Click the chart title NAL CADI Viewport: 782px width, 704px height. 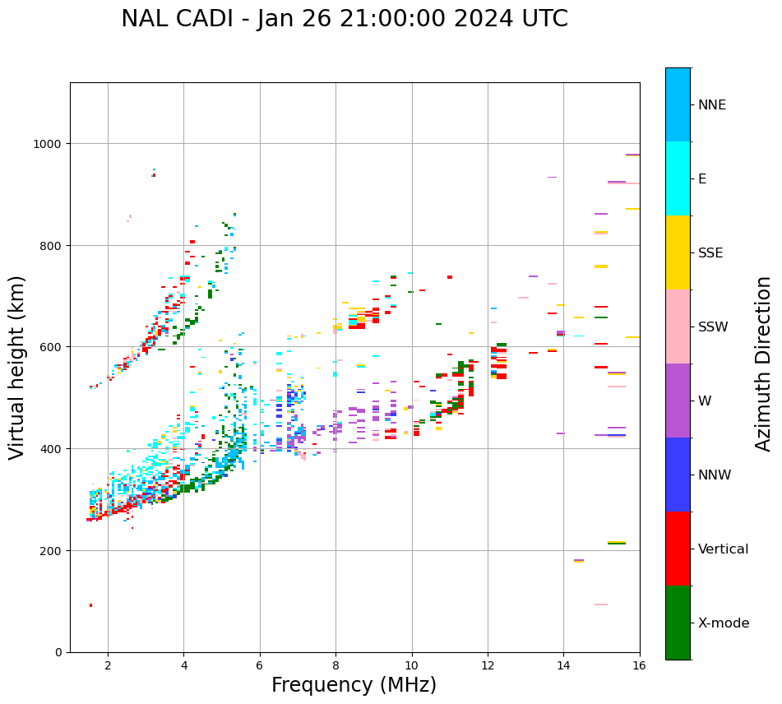345,19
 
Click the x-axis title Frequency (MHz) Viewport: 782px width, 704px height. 354,685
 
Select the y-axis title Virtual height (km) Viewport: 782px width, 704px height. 17,367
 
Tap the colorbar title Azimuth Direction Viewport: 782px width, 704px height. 764,364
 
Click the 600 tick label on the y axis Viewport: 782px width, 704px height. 53,347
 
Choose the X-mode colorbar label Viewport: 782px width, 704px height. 724,623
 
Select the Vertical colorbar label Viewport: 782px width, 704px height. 724,549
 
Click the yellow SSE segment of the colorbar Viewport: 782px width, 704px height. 678,252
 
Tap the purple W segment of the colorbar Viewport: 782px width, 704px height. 678,401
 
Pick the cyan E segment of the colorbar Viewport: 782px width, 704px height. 678,178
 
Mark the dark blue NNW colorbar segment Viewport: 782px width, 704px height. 678,475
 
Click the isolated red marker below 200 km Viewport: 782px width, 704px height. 90,605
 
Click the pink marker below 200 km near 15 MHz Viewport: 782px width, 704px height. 601,604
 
